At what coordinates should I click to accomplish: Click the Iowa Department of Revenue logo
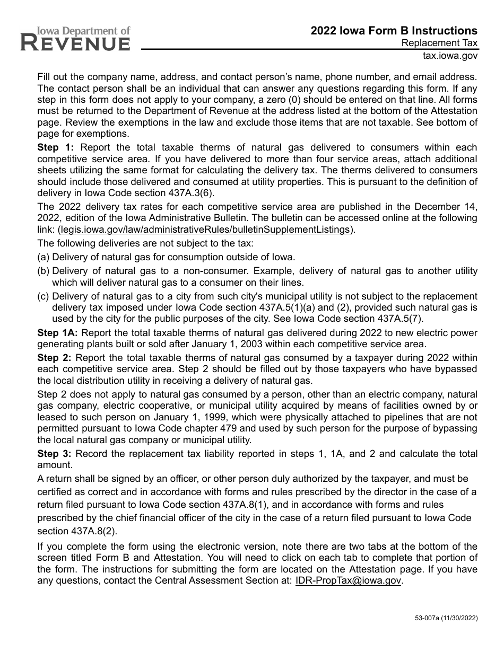(75, 39)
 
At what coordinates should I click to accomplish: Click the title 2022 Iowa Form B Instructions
(394, 31)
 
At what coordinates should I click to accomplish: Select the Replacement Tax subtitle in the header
(439, 43)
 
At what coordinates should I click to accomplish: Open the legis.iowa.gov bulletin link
(205, 230)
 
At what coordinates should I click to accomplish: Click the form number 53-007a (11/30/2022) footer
(438, 618)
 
